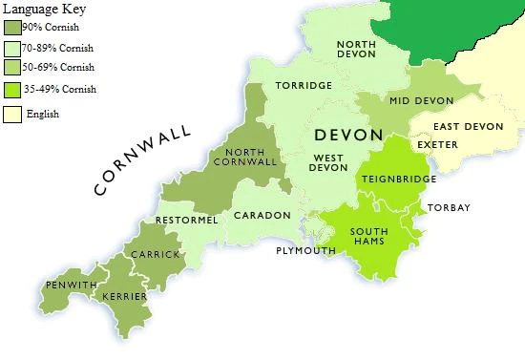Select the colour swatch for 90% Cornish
point(12,28)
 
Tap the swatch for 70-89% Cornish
point(12,48)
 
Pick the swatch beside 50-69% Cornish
point(12,68)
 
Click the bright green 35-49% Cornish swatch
point(12,90)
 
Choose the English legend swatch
point(12,115)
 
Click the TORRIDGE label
point(304,86)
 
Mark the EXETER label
point(438,145)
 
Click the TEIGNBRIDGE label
point(398,179)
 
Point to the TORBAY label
point(449,208)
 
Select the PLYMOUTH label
point(305,251)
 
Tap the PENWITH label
point(71,286)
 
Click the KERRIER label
point(125,297)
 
